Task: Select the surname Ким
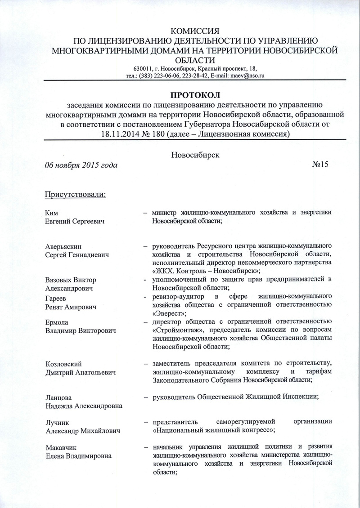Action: pyautogui.click(x=53, y=212)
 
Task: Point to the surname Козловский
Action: pyautogui.click(x=66, y=364)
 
